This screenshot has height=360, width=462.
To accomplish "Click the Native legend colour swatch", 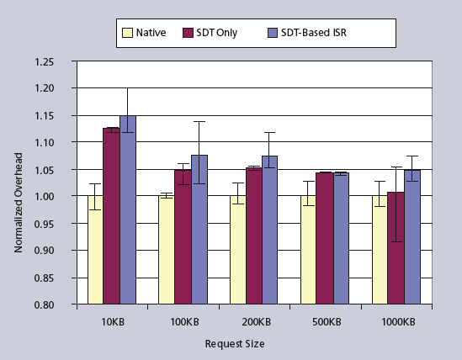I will click(x=128, y=34).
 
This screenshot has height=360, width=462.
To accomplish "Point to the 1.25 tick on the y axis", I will click(x=55, y=61).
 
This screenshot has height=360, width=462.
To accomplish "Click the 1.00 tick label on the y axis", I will click(x=55, y=197).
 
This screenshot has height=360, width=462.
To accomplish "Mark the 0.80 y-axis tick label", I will click(x=55, y=304).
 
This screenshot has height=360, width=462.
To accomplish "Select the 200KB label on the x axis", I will click(x=254, y=322).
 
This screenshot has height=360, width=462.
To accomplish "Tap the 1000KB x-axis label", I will click(x=396, y=322).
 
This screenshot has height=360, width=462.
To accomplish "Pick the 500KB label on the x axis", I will click(x=325, y=322).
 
